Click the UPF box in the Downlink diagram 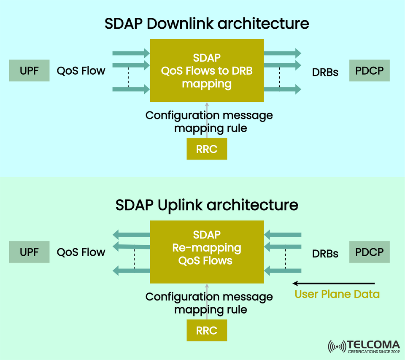[29, 71]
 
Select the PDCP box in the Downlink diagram [369, 71]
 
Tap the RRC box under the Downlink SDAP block [207, 149]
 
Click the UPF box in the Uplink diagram [29, 252]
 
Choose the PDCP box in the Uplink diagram [369, 252]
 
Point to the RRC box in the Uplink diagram [207, 330]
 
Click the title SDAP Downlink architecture [207, 24]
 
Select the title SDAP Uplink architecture [207, 205]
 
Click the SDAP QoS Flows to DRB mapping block [207, 70]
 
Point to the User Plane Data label [337, 294]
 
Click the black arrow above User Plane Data [333, 283]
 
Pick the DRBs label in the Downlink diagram [325, 72]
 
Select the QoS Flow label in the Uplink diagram [81, 252]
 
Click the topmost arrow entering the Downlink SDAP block [131, 53]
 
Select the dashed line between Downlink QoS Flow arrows [128, 78]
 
